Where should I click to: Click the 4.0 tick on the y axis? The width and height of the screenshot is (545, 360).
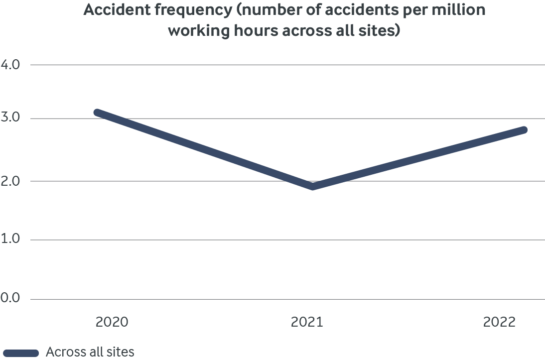[x=10, y=65]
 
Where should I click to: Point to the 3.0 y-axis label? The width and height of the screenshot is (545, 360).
[x=10, y=119]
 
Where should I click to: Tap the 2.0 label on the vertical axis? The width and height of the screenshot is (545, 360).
[x=10, y=181]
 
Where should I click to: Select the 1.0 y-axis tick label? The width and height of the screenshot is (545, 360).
[x=10, y=240]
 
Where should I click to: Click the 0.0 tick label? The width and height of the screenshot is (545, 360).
[x=10, y=299]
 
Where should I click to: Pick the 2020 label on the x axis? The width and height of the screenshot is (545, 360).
[x=112, y=322]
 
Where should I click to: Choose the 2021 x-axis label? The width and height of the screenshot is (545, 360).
[x=307, y=322]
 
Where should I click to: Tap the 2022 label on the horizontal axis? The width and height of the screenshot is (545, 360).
[x=500, y=322]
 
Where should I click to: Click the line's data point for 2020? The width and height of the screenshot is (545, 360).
[x=98, y=113]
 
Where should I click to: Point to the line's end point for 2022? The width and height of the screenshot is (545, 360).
[x=523, y=130]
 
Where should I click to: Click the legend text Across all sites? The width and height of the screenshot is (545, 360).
[x=90, y=352]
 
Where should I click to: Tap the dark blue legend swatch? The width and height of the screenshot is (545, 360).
[x=20, y=353]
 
